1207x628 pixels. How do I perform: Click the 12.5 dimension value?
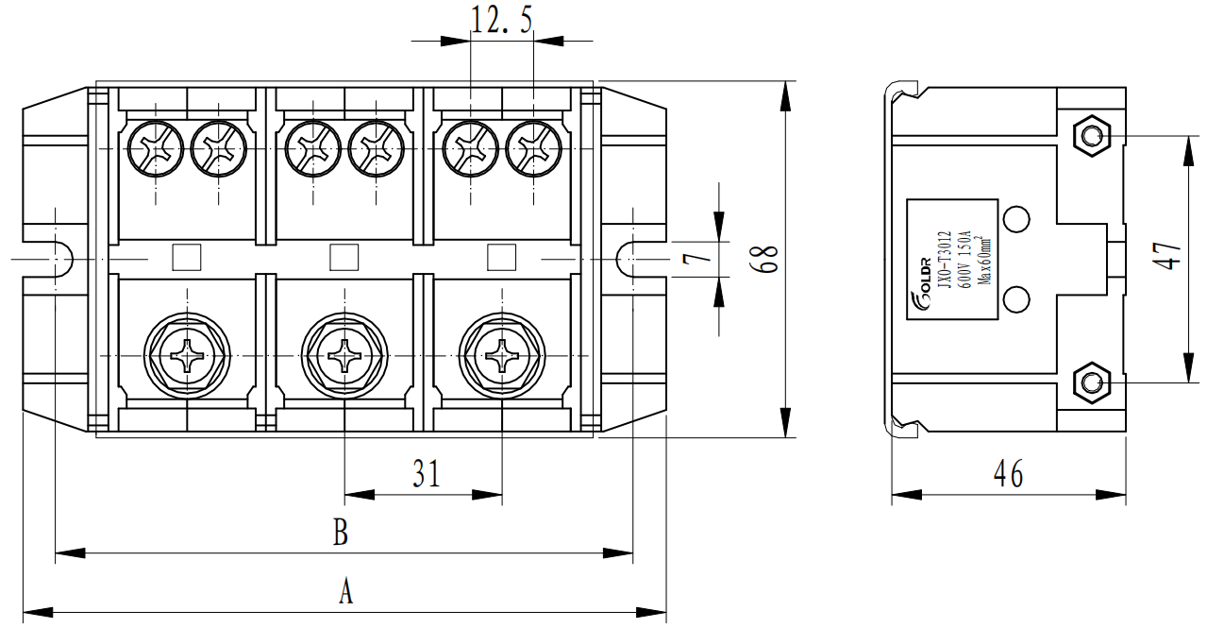(501, 21)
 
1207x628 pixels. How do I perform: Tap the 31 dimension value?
(426, 471)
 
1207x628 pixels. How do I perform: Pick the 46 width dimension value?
(1009, 473)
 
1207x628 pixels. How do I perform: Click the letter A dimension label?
(345, 592)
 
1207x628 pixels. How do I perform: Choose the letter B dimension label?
(341, 534)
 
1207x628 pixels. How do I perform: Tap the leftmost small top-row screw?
(155, 147)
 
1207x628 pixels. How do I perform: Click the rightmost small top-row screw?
(534, 147)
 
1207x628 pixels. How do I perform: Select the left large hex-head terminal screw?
(187, 357)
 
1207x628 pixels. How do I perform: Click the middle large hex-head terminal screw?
(344, 357)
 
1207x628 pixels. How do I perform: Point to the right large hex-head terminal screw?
(501, 357)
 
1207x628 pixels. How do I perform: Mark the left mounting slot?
(59, 257)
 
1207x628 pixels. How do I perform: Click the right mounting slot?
(630, 257)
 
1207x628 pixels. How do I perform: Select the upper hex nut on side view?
(1092, 136)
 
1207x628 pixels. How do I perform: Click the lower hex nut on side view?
(1092, 382)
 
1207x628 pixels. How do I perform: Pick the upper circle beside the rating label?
(1016, 219)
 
